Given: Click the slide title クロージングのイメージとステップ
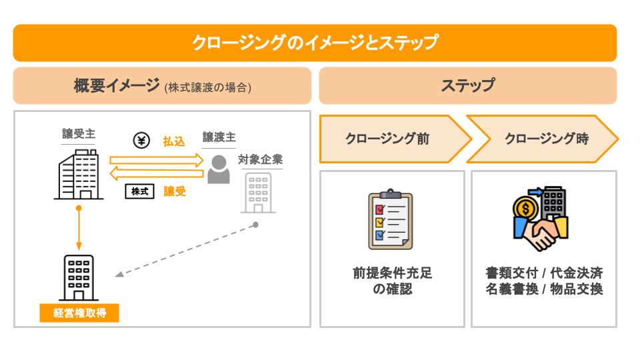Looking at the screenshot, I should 315,43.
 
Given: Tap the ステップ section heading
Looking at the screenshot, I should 467,86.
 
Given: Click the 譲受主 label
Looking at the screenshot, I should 79,134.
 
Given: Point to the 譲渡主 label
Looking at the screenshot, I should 219,138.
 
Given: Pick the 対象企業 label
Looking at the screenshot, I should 260,160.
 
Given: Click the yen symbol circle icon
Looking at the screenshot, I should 141,141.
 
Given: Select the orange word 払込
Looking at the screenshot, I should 174,141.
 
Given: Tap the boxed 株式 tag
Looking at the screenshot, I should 139,191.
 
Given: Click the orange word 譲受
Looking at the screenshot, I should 175,191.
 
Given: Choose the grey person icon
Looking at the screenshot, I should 218,169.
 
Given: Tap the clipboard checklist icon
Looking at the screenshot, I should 391,220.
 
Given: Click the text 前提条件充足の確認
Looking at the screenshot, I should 392,281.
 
